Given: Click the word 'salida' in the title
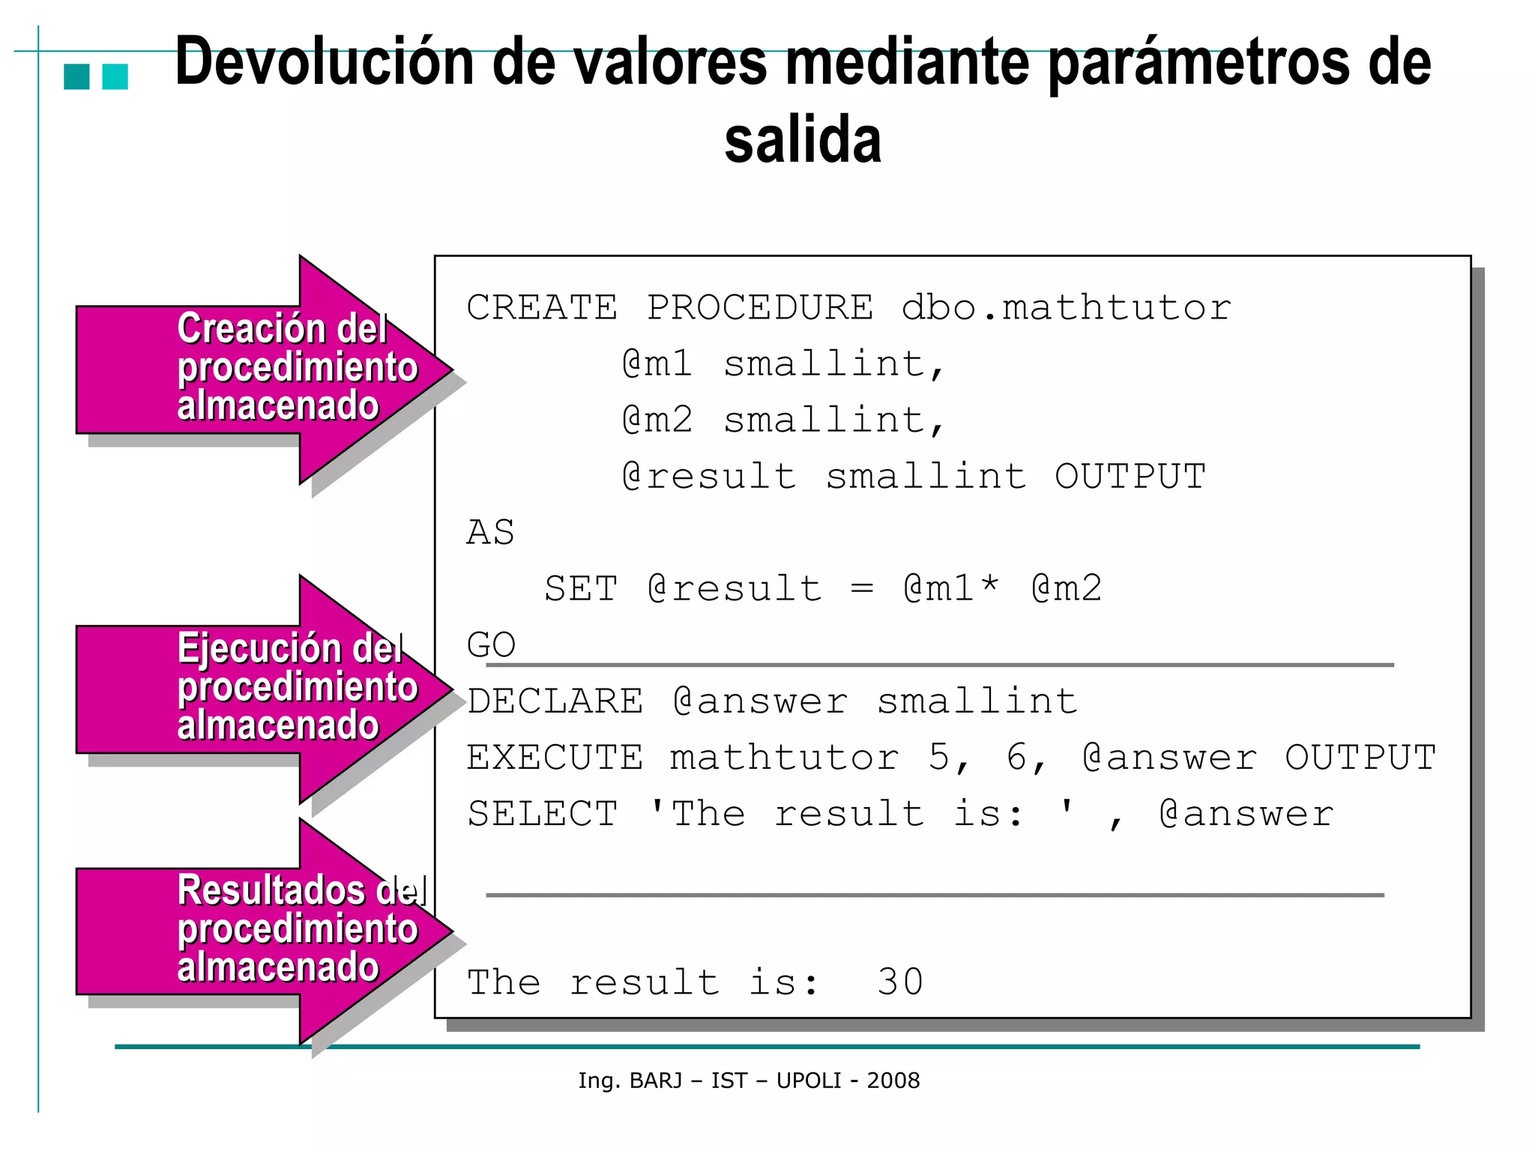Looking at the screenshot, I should pos(803,140).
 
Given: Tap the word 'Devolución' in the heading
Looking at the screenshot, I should pos(325,62).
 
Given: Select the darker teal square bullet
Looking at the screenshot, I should pos(76,76).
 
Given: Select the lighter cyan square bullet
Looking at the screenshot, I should pos(115,76).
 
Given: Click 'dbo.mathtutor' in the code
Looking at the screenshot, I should pos(1066,307).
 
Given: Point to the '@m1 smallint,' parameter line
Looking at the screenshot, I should pos(783,364).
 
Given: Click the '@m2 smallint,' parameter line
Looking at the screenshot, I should pos(783,420).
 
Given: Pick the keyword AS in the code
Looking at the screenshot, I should pos(490,533).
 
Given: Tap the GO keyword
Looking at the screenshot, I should pos(491,644).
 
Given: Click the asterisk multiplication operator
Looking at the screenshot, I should pos(990,585).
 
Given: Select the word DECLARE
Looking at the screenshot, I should pos(555,701).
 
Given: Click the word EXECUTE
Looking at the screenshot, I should pos(555,758).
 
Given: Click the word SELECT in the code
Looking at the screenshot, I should pos(543,814).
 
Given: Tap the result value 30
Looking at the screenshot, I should pos(900,982).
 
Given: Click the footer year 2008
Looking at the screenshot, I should pos(893,1081).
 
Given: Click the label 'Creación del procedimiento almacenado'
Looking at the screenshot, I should pos(296,367).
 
